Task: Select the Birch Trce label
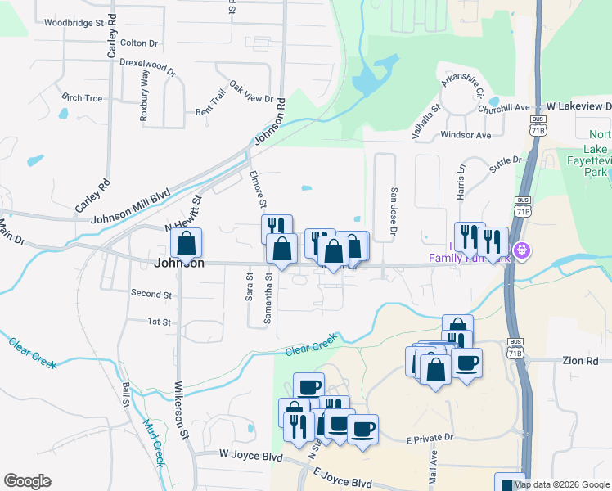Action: (82, 97)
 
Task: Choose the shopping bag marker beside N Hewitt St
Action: (186, 244)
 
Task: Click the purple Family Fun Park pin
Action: (519, 250)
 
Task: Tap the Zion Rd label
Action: (581, 360)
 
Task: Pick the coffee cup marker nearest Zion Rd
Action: (466, 362)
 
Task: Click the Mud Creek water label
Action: (155, 443)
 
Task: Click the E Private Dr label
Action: (430, 440)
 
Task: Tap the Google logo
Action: (27, 481)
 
